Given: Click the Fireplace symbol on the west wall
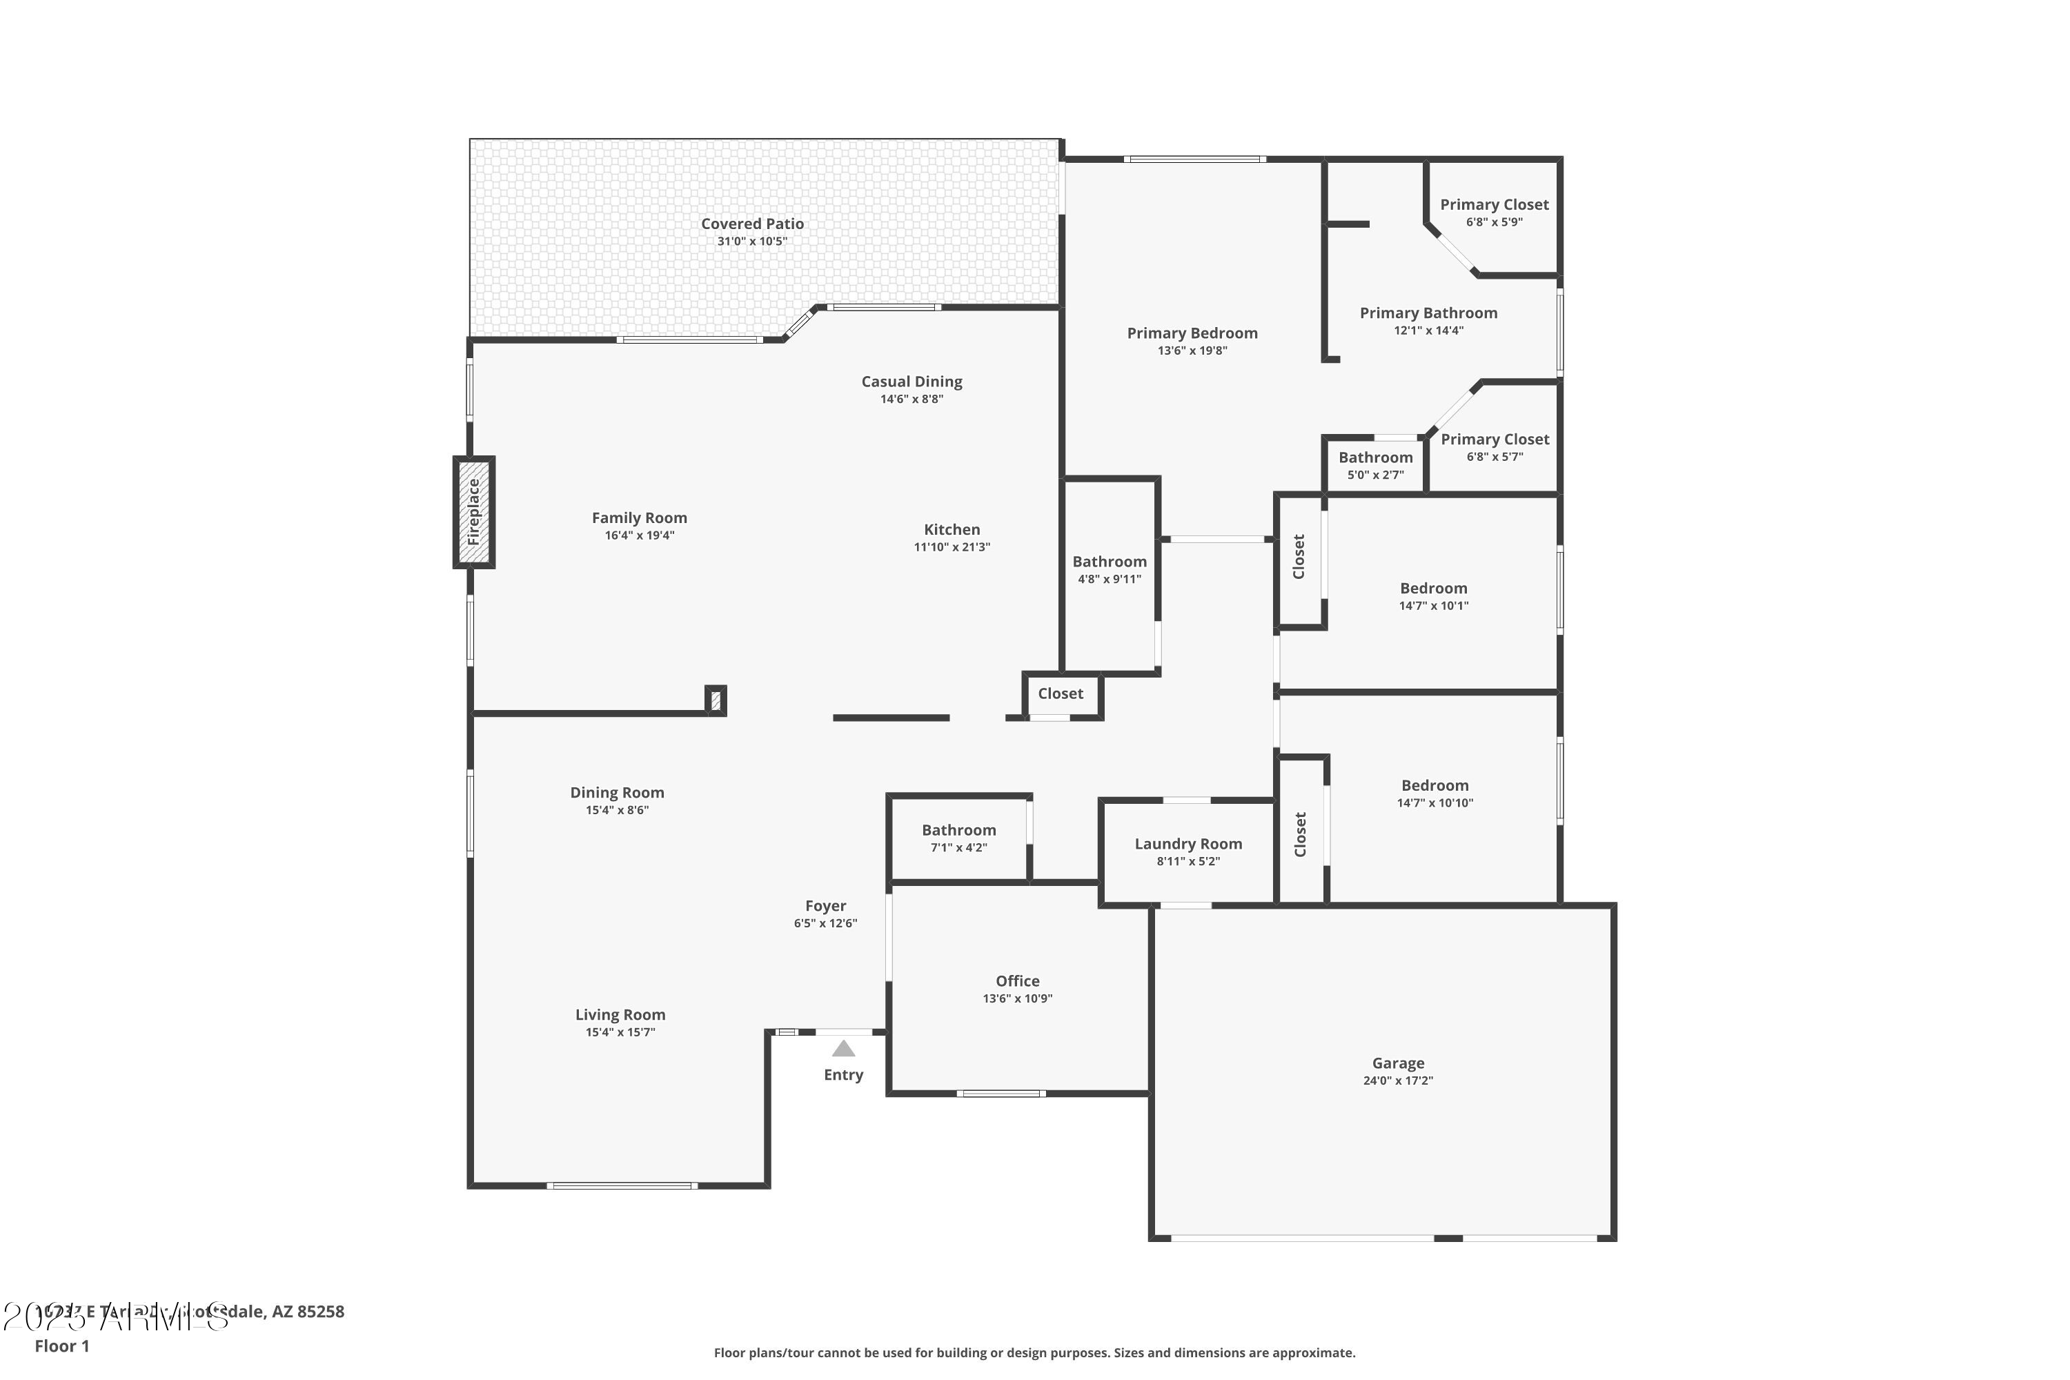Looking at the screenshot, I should [473, 511].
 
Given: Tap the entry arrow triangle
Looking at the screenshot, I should [843, 1048].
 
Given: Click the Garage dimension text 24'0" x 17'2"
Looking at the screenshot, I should [1398, 1081].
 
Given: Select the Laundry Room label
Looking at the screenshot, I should [1188, 843].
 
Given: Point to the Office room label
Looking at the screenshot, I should [1017, 980].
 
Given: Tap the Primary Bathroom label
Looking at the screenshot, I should [1428, 313].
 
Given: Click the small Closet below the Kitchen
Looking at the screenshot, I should [1060, 693].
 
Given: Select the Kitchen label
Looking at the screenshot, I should [952, 529].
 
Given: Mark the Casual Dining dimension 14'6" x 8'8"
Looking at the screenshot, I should [911, 399].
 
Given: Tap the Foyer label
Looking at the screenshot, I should [825, 905].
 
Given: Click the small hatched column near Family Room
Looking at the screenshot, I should [716, 700].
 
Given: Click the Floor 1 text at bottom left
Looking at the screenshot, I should [61, 1345].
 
